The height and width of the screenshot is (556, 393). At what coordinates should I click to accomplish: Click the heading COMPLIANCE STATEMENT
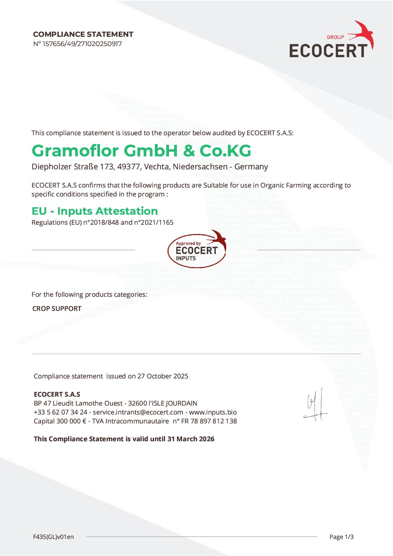point(83,34)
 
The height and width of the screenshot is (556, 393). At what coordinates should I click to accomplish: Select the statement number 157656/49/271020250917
point(82,44)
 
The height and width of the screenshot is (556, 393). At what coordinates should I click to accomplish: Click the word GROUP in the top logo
point(335,37)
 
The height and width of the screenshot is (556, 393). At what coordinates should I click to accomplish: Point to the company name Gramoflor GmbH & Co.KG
point(141,151)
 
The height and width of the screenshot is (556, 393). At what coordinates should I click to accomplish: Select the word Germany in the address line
point(251,167)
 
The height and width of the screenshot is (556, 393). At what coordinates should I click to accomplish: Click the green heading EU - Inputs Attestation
point(95,211)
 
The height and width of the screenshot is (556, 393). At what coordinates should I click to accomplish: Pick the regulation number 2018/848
point(105,222)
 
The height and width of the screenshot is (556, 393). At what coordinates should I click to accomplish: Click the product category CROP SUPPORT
point(57,309)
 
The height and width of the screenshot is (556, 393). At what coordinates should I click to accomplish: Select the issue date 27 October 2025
point(163,376)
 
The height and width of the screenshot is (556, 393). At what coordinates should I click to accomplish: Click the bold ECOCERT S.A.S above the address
point(57,394)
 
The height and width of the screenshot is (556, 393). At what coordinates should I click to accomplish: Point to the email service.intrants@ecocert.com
point(138,412)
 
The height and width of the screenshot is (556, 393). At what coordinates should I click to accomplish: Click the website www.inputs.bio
point(213,412)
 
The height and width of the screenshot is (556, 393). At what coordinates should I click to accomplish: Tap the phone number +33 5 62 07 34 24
point(61,412)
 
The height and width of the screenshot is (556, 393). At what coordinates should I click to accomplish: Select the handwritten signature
point(315,406)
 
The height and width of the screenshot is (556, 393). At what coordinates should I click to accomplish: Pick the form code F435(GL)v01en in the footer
point(53,537)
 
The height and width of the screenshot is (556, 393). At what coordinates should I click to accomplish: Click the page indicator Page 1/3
point(341,537)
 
